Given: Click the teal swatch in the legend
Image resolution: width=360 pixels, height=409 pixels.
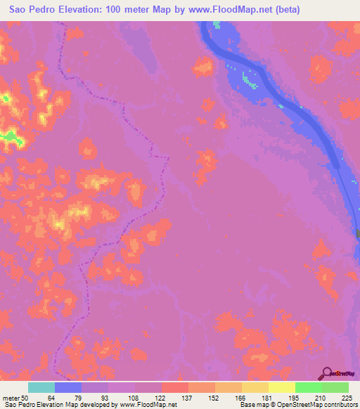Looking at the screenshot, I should tap(41, 387).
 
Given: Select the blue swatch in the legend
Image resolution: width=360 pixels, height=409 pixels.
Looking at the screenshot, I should tap(68, 387).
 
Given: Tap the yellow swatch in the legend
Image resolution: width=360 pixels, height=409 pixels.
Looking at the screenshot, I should tap(282, 387).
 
